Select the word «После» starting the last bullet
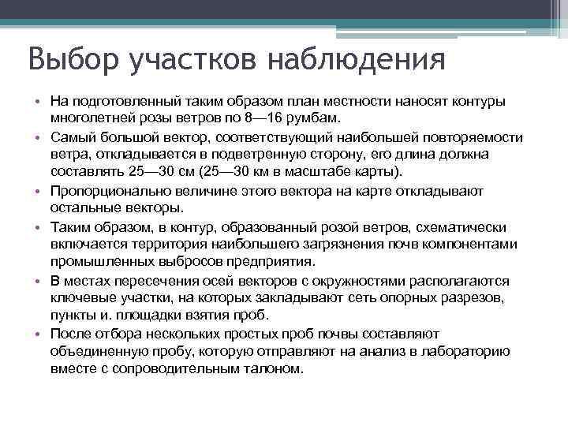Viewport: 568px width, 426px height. [69, 333]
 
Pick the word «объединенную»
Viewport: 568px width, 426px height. [97, 351]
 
